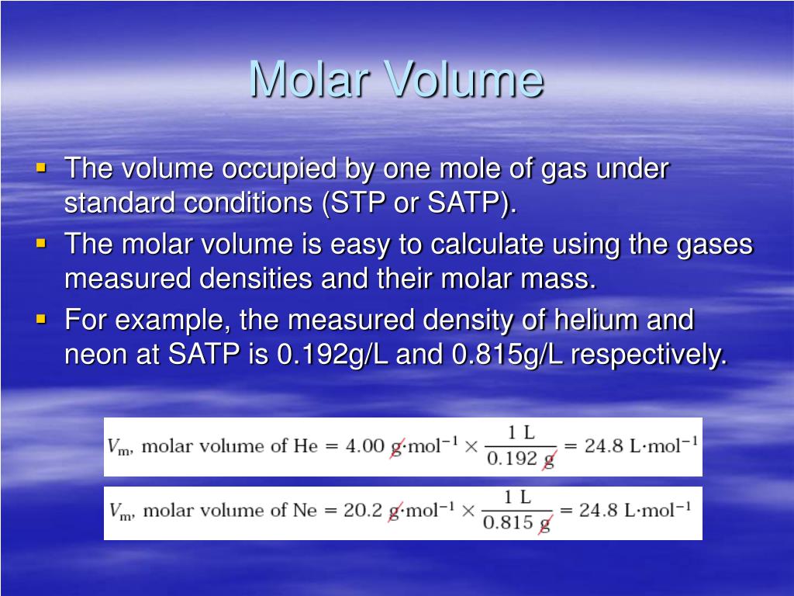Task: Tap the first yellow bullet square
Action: [x=42, y=168]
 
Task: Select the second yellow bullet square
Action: [x=42, y=244]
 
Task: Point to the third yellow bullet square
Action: [x=42, y=320]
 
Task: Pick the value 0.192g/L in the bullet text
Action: [x=332, y=354]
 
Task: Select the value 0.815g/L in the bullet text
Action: [x=507, y=354]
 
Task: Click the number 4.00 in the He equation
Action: [x=364, y=446]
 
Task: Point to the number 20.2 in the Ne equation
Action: [x=363, y=510]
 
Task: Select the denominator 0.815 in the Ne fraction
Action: [x=507, y=522]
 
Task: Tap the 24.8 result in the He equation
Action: [x=603, y=446]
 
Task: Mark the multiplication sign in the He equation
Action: [x=471, y=446]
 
